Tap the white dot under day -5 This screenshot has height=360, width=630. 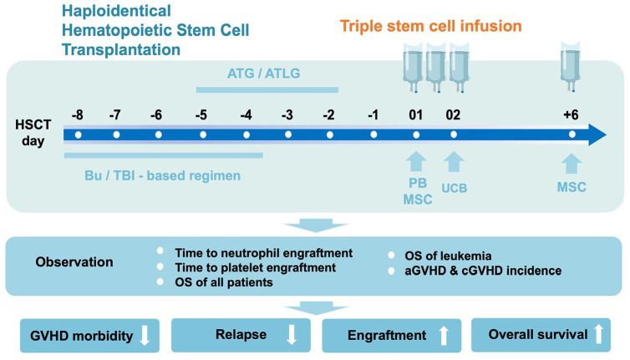pos(201,134)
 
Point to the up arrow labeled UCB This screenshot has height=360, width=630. pos(453,160)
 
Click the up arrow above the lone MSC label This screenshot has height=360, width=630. pos(572,160)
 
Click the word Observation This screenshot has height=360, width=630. pos(74,261)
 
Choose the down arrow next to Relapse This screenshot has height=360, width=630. pos(290,336)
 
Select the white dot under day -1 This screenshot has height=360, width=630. pos(373,134)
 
